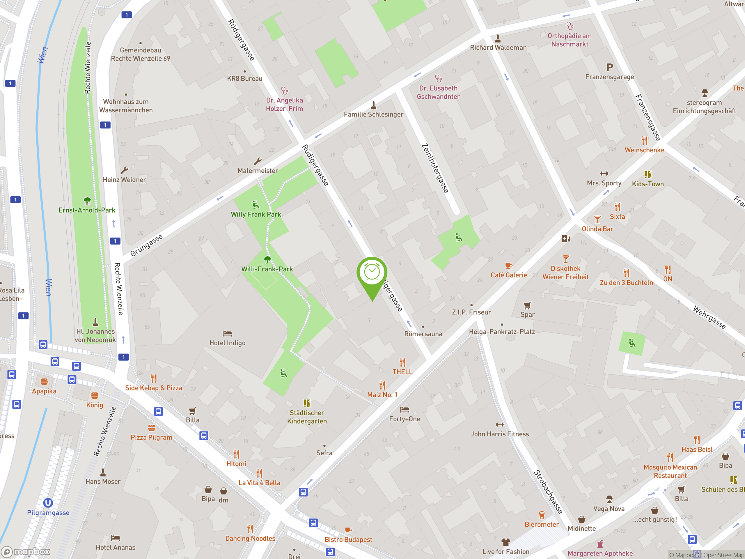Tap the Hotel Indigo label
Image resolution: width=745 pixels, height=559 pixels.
pos(227,343)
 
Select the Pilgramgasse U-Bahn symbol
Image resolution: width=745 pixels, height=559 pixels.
pos(48,503)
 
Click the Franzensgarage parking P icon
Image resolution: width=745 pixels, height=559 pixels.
pos(610,67)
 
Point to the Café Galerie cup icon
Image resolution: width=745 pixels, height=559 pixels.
pos(509,266)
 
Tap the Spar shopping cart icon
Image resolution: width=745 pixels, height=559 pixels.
pos(527,305)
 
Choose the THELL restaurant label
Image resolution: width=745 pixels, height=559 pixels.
pos(402,372)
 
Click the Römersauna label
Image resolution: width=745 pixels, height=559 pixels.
pos(423,334)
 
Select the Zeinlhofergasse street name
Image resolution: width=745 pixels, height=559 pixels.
pos(435,168)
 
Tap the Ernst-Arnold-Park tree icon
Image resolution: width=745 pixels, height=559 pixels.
pos(87,201)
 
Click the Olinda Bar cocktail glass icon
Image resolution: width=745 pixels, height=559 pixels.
pos(597,219)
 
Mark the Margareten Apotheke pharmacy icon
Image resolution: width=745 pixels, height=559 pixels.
pos(600,544)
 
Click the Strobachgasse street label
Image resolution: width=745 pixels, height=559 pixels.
pos(548,492)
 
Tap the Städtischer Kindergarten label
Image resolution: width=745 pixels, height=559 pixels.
pos(307,417)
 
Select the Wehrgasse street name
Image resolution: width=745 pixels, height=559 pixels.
pos(709,317)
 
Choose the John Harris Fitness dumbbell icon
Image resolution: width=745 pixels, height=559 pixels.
pos(500,424)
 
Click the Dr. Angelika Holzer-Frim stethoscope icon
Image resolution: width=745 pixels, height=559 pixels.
pos(285,91)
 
